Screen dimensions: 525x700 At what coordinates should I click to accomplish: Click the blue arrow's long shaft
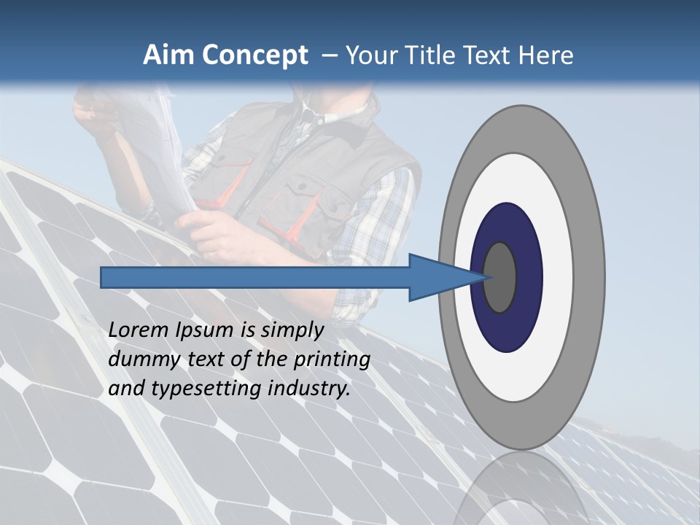pyautogui.click(x=255, y=277)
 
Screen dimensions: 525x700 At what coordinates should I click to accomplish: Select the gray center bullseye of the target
pyautogui.click(x=499, y=277)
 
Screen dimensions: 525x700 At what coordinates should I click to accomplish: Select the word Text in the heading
pyautogui.click(x=491, y=55)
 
